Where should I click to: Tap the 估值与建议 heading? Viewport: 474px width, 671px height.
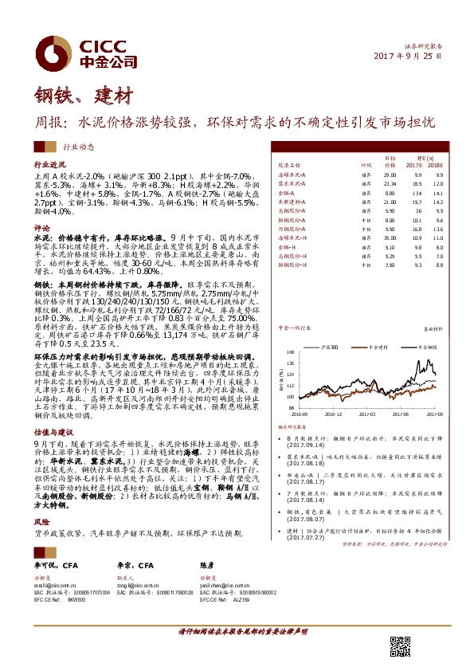pyautogui.click(x=49, y=430)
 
